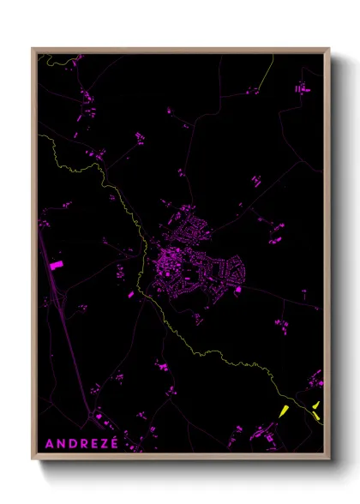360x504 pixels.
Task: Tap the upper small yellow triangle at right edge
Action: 315,405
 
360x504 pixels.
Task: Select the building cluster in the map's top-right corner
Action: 302,87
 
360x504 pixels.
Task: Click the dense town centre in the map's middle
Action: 171,274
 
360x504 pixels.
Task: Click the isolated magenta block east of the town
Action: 237,290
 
